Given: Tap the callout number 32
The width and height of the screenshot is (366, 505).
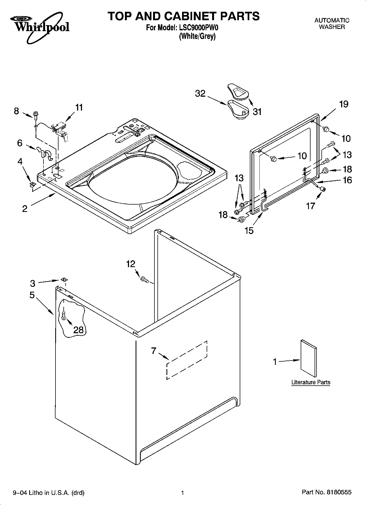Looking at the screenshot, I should coord(200,93).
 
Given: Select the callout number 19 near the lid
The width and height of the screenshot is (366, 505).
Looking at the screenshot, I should coord(344,104).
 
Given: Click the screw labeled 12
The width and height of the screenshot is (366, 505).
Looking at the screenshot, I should coord(144,279).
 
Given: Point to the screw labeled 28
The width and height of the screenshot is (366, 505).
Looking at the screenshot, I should coord(64,316).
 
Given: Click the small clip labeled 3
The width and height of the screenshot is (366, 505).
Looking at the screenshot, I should coord(64,279).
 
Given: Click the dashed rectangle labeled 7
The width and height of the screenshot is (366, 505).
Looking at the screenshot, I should coord(187,360).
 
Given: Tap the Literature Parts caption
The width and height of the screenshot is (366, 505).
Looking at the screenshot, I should coord(311,382).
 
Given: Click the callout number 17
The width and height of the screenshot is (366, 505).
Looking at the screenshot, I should coord(311,206).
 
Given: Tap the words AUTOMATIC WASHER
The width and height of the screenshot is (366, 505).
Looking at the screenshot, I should coord(332,23).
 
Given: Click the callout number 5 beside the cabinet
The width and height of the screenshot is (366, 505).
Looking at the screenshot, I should coord(32,295).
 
